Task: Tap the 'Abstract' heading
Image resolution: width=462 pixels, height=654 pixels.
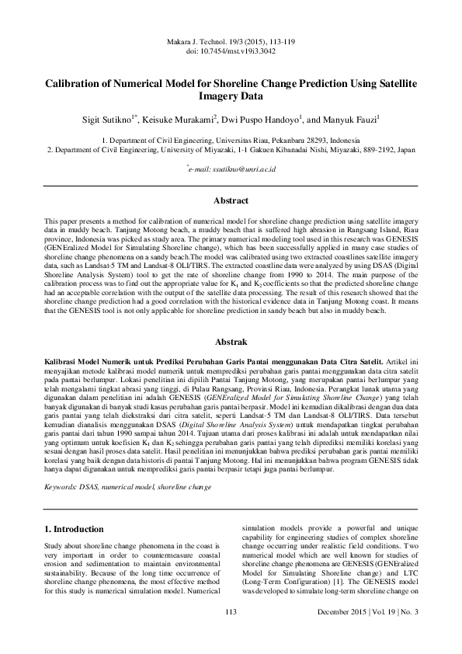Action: (231, 200)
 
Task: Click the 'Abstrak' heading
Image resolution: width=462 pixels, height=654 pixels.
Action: (231, 341)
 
